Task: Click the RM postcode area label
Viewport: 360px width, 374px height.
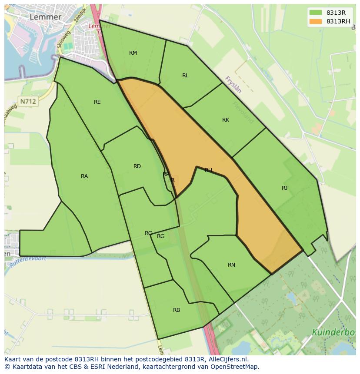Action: point(133,53)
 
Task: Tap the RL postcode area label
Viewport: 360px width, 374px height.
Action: point(185,76)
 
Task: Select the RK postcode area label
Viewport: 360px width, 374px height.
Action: point(226,120)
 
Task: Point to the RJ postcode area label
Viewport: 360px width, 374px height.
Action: point(285,188)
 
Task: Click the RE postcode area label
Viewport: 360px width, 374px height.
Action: point(97,102)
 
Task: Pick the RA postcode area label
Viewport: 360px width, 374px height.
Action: point(84,176)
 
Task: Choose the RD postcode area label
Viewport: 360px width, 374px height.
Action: point(137,166)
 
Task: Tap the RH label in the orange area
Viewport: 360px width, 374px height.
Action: point(208,170)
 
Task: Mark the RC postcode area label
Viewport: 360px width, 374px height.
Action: point(148,233)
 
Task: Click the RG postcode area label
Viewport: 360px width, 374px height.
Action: point(161,236)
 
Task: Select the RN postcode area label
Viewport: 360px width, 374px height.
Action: point(231,265)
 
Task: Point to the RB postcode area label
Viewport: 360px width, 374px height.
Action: point(177,310)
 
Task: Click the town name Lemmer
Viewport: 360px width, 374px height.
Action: point(45,17)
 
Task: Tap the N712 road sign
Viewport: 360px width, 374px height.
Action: point(28,101)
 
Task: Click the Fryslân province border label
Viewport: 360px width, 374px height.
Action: point(233,85)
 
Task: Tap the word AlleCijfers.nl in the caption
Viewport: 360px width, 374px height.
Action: point(227,359)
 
